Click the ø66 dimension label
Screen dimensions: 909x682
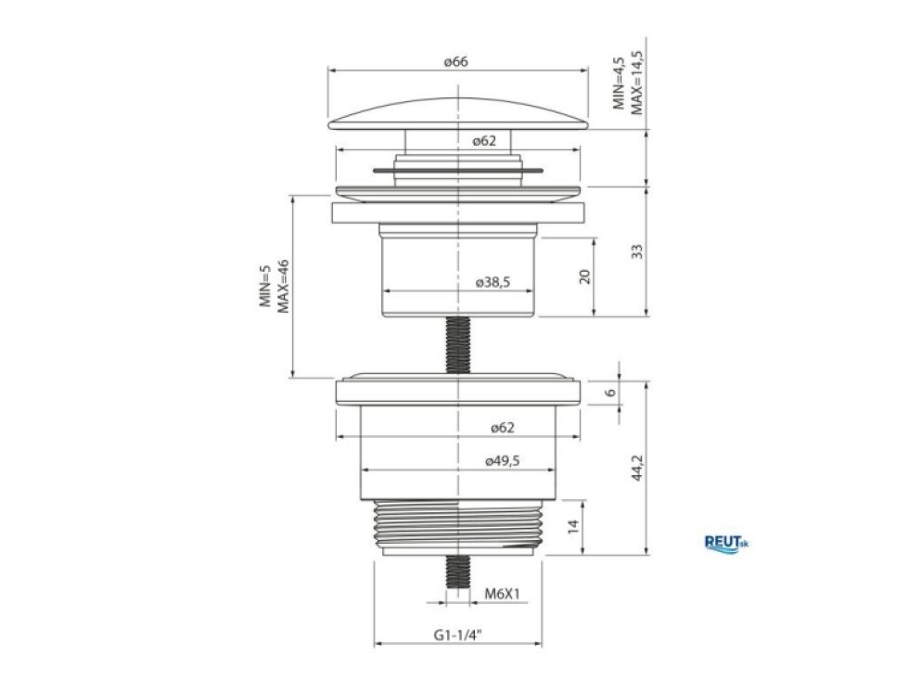(x=456, y=61)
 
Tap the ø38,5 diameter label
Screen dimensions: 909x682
(x=493, y=282)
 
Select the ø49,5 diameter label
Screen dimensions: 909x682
(x=502, y=461)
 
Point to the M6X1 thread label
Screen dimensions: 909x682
(x=503, y=594)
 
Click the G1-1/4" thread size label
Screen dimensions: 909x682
(x=458, y=635)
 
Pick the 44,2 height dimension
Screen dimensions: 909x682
(x=637, y=468)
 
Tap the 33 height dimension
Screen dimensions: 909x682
(x=637, y=251)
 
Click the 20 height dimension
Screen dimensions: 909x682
(x=584, y=277)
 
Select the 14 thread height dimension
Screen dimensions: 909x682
(x=573, y=526)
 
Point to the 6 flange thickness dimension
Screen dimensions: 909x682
(x=610, y=392)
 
